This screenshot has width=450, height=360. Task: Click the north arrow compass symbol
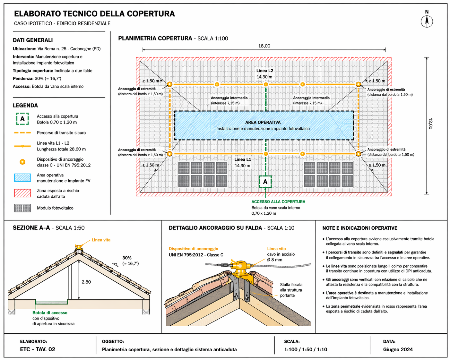click(x=427, y=21)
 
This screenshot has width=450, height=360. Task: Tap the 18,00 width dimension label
click(x=264, y=46)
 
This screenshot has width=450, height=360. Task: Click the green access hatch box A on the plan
click(x=265, y=182)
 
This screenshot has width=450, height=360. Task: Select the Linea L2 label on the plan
click(x=264, y=71)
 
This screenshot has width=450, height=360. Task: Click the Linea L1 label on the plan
click(x=243, y=159)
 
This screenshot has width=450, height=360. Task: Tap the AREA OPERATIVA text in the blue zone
click(x=263, y=122)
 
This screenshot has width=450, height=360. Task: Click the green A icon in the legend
click(x=22, y=119)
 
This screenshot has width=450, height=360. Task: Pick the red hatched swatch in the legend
click(x=22, y=193)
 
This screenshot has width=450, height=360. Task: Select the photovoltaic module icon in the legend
click(x=22, y=208)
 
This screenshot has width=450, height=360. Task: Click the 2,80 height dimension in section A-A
click(x=86, y=282)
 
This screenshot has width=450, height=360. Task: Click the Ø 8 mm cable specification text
click(x=275, y=260)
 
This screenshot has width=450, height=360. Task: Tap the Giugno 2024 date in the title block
click(x=398, y=349)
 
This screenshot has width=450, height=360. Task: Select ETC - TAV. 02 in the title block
click(x=38, y=349)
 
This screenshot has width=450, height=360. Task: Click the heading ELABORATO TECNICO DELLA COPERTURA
click(x=94, y=14)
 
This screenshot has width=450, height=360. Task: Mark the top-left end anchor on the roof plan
click(x=169, y=84)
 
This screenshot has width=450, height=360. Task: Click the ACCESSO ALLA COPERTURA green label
click(x=278, y=201)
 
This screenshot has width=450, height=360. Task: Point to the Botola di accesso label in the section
click(x=50, y=313)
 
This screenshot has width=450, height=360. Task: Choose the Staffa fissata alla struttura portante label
click(x=291, y=290)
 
